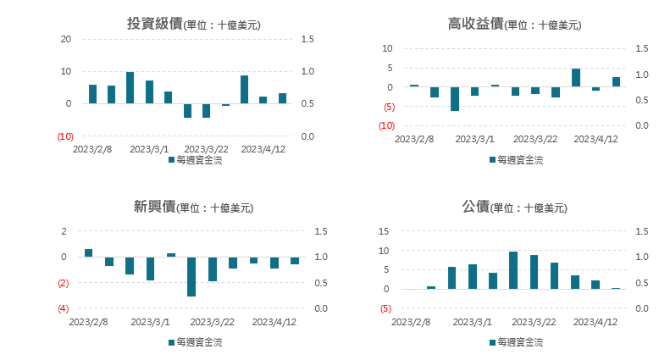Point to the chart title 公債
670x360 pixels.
tap(476, 206)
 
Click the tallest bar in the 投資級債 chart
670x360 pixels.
tap(130, 87)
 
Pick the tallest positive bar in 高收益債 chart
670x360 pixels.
tap(576, 78)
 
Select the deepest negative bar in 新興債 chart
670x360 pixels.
tap(191, 276)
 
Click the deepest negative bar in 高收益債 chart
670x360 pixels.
tap(455, 98)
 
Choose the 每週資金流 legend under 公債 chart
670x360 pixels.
tap(520, 342)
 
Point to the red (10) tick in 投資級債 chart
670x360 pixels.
tap(64, 136)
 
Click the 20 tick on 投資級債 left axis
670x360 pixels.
tap(65, 39)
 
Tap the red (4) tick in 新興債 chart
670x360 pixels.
tap(63, 308)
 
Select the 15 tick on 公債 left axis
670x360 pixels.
tap(384, 231)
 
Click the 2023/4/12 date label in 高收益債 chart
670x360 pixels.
tap(598, 139)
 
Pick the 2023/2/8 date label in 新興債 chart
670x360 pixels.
tap(90, 322)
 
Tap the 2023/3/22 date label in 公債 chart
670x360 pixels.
tap(535, 322)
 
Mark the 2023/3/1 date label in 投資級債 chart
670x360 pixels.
tap(149, 149)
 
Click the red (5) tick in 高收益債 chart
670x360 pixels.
tap(388, 107)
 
